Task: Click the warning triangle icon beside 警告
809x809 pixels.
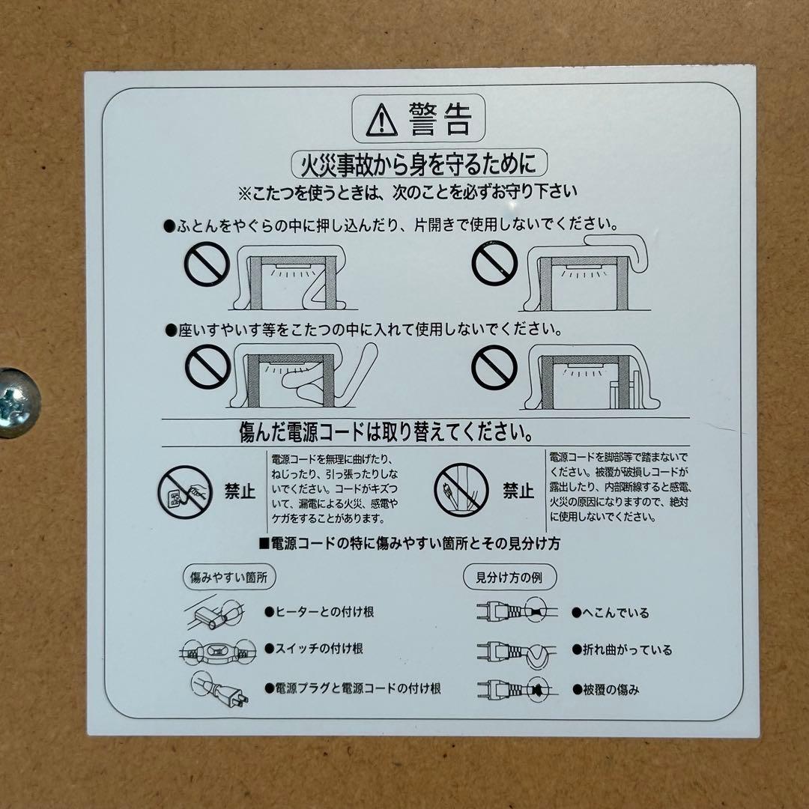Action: pyautogui.click(x=381, y=121)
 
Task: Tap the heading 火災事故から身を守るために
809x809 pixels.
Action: pyautogui.click(x=418, y=163)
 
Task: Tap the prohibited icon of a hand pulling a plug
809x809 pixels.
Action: pyautogui.click(x=185, y=491)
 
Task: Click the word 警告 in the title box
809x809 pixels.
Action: pyautogui.click(x=440, y=120)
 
